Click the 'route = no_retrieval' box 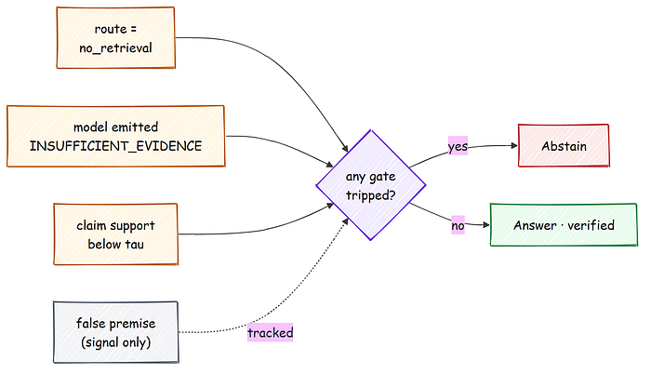pos(116,38)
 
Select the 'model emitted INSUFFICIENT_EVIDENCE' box pos(116,137)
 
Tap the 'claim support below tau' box pos(116,234)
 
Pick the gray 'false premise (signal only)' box pos(116,332)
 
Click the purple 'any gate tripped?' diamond pos(371,185)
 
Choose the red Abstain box pos(564,146)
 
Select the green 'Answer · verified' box pos(564,225)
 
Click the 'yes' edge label pos(458,146)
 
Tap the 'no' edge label pos(458,225)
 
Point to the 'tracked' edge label pos(271,332)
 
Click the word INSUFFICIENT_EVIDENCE pos(116,146)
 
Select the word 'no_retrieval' pos(116,48)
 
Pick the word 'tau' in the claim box pos(134,245)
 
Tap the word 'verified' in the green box pos(591,225)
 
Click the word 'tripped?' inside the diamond pos(371,195)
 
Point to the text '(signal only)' pos(116,342)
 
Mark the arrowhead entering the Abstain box pos(515,145)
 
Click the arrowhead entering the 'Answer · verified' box pos(486,225)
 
